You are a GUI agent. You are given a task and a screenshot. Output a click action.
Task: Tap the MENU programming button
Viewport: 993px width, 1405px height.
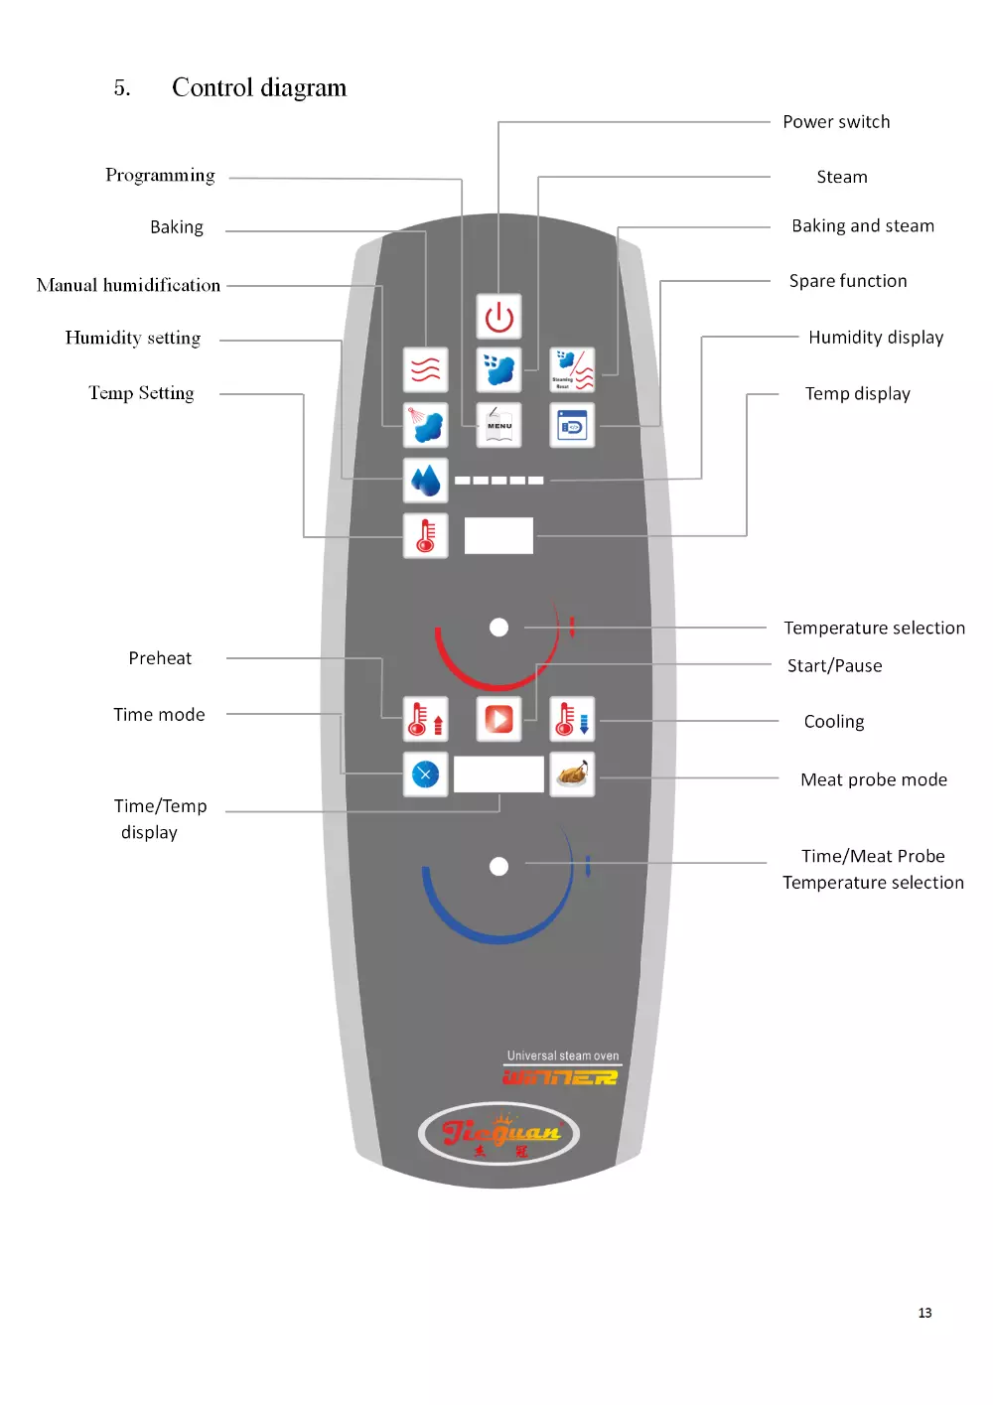pyautogui.click(x=498, y=425)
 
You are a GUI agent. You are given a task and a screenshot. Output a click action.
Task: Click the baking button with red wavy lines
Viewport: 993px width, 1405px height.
pyautogui.click(x=425, y=369)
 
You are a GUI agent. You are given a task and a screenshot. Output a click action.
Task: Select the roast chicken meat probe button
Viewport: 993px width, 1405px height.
pyautogui.click(x=572, y=773)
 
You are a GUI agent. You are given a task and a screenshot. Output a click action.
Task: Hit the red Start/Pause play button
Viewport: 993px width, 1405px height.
pyautogui.click(x=498, y=718)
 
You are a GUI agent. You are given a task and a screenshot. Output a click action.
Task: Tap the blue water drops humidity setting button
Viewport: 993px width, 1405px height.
pyautogui.click(x=425, y=481)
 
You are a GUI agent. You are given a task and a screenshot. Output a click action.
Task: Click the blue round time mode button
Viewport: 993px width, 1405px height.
pyautogui.click(x=425, y=773)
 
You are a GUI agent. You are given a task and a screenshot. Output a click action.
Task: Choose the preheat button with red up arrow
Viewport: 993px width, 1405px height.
pyautogui.click(x=425, y=718)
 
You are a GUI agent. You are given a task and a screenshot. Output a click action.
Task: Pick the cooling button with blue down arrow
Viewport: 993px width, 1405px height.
pyautogui.click(x=572, y=718)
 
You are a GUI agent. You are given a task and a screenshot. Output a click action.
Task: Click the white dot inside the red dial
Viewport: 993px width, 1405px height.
pyautogui.click(x=498, y=628)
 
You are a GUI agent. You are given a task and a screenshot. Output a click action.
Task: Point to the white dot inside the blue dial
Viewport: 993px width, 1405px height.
pyautogui.click(x=498, y=866)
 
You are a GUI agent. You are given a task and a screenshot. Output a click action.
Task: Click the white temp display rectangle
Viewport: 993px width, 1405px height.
pyautogui.click(x=498, y=535)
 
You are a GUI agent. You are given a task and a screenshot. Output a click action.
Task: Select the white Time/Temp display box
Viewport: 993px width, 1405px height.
pyautogui.click(x=498, y=773)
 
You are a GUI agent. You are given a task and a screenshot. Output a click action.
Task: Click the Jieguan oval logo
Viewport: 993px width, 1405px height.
pyautogui.click(x=498, y=1133)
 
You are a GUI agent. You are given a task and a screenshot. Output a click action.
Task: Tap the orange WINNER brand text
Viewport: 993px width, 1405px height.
pyautogui.click(x=560, y=1077)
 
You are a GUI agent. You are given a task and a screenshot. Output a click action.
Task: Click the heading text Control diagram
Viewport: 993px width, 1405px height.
pyautogui.click(x=259, y=88)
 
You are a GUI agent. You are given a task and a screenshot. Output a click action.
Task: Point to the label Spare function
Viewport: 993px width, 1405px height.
pyautogui.click(x=848, y=281)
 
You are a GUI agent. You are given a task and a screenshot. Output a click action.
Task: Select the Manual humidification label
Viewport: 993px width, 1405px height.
pyautogui.click(x=128, y=285)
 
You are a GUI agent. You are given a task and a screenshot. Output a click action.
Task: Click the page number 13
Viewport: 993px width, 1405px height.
pyautogui.click(x=924, y=1313)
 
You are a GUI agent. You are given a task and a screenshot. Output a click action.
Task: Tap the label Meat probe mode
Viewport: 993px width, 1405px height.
pyautogui.click(x=874, y=779)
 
